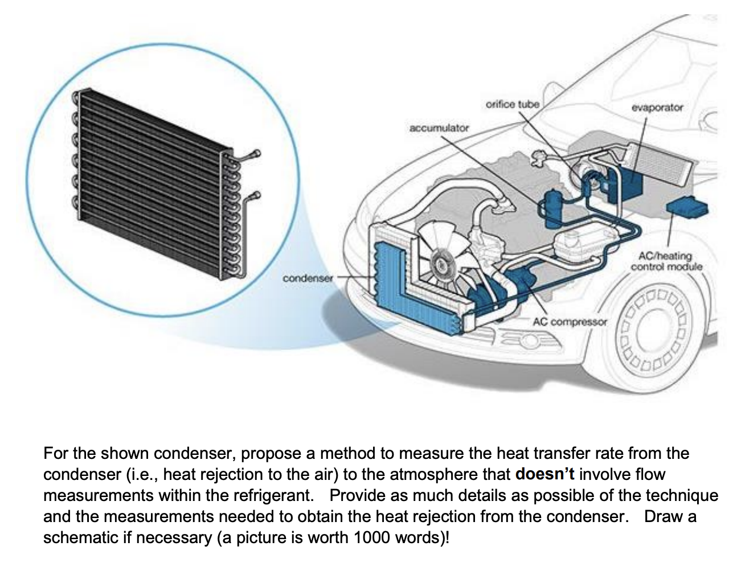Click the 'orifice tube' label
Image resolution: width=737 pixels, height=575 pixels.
[512, 104]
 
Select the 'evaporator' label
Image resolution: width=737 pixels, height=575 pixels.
[657, 107]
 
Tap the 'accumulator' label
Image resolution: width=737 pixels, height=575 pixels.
[439, 128]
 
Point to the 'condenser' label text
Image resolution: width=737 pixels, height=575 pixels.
[308, 278]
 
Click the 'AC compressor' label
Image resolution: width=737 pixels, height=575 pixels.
[570, 322]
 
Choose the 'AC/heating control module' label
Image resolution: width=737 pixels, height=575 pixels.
[666, 261]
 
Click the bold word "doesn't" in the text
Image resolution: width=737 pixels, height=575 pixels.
[545, 474]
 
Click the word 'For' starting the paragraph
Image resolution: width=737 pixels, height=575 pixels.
[56, 453]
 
